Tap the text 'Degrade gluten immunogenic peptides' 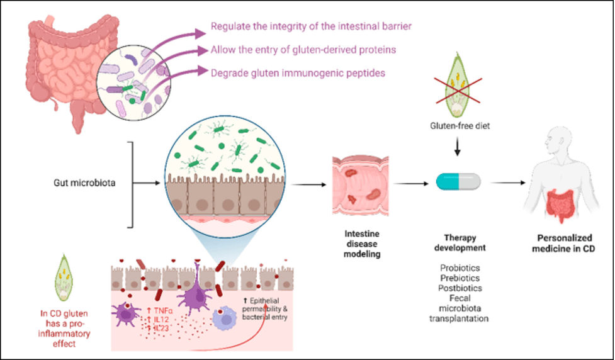point(298,73)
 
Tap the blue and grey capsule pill point(458,181)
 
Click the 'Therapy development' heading point(458,243)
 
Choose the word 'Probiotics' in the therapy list point(458,267)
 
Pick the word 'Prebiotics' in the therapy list point(458,278)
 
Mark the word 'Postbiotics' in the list point(458,288)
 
